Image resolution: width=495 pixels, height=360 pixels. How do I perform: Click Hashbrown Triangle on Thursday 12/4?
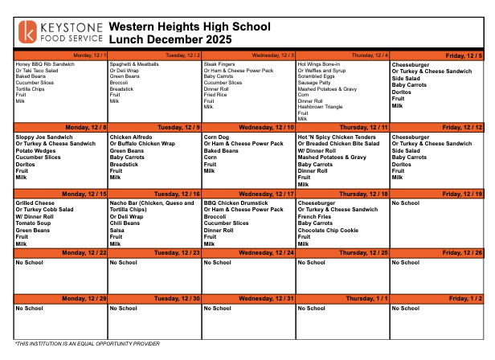(x=320, y=107)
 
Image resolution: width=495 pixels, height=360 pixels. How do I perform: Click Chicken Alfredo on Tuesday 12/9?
(x=133, y=137)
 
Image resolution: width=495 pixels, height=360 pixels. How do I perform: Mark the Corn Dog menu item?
(x=216, y=137)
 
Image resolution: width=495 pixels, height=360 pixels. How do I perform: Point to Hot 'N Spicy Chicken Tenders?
(x=337, y=137)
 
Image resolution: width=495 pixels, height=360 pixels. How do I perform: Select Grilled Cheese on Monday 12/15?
(x=35, y=203)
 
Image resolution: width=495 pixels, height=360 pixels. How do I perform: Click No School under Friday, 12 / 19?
(x=406, y=203)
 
